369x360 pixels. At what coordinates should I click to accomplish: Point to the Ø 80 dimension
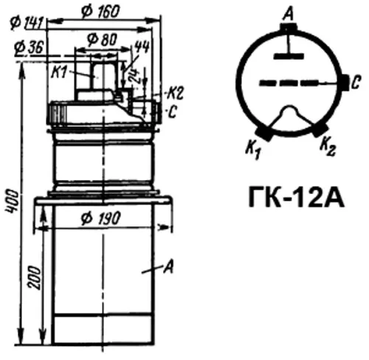99,38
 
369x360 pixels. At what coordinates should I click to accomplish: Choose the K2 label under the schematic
329,150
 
